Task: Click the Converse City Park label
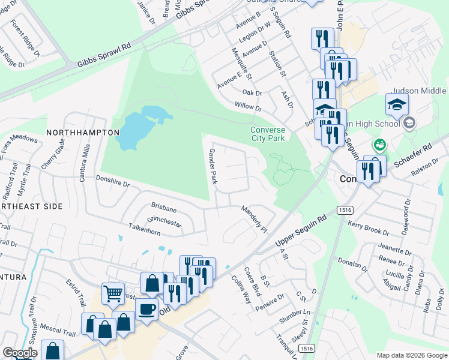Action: (x=268, y=134)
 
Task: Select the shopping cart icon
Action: (x=112, y=293)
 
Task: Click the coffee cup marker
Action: (x=146, y=310)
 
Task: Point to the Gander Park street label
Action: (x=212, y=166)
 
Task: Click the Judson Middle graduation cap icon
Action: (x=396, y=106)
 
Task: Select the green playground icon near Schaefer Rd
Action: (x=379, y=145)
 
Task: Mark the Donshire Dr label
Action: (x=113, y=181)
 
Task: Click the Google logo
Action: (x=20, y=353)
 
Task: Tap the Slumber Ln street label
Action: (x=298, y=313)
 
